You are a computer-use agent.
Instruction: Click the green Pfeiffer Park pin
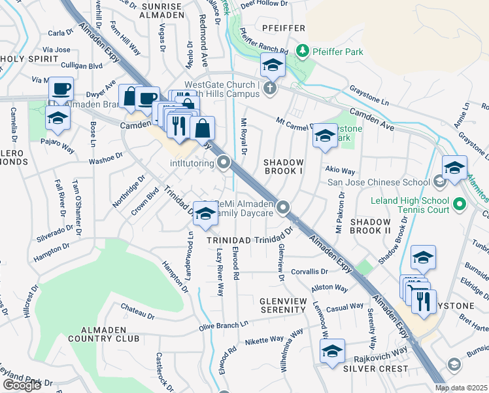(302, 50)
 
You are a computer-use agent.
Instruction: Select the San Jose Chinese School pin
(440, 181)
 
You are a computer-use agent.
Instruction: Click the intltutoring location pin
(224, 162)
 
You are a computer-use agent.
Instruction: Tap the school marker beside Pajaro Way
(58, 119)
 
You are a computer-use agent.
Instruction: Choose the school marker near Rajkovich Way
(332, 352)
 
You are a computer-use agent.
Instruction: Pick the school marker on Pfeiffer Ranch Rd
(272, 65)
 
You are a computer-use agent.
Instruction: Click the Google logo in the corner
(22, 385)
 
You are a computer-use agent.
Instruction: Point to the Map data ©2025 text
(461, 388)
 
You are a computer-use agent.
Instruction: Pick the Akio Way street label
(340, 170)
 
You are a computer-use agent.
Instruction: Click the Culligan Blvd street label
(82, 65)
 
